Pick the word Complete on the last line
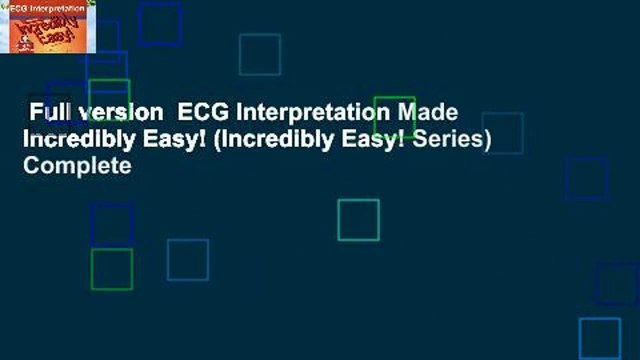[77, 166]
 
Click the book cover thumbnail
[48, 27]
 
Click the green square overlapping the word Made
[394, 117]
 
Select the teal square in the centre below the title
[358, 220]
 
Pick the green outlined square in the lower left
[111, 269]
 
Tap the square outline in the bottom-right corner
[600, 338]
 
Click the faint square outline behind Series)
[502, 133]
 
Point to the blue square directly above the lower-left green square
[111, 224]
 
